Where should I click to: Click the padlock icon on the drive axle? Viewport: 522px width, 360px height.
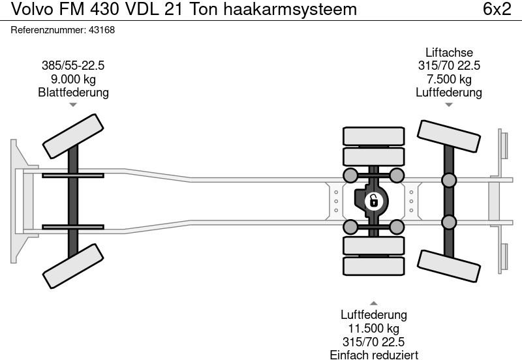pos(373,200)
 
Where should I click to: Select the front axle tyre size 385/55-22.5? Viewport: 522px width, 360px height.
pos(73,65)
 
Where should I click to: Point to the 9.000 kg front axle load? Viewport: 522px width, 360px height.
pos(73,79)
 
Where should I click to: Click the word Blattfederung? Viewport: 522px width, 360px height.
pos(73,93)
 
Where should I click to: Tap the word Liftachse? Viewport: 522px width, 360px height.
pos(449,52)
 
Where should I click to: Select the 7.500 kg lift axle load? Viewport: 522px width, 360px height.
pos(449,79)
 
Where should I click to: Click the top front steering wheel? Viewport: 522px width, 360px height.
pos(73,133)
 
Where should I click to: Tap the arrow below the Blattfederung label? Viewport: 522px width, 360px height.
pos(73,105)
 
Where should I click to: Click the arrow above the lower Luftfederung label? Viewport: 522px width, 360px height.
pos(373,303)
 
